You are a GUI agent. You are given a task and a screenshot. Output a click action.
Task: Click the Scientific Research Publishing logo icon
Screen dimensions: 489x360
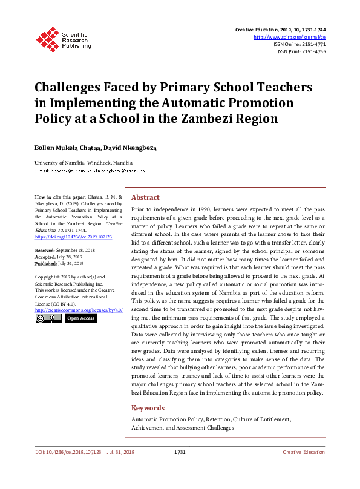(47, 38)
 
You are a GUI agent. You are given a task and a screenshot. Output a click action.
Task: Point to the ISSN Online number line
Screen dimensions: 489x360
(299, 44)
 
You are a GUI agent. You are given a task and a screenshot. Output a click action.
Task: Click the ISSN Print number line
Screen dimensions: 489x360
(301, 51)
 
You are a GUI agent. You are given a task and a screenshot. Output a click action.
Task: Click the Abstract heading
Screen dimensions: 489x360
(145, 197)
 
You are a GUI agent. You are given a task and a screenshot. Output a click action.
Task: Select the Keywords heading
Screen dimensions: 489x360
(148, 408)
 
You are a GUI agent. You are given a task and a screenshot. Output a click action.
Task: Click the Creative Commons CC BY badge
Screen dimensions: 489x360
(47, 318)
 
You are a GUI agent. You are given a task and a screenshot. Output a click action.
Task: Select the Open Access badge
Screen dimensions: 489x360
(80, 318)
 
